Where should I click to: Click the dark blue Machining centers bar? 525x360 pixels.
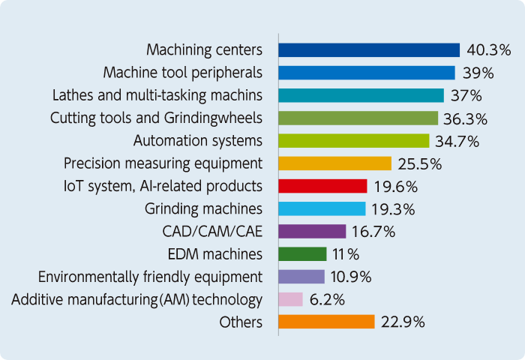pyautogui.click(x=368, y=50)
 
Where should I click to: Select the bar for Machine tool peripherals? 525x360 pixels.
pyautogui.click(x=366, y=73)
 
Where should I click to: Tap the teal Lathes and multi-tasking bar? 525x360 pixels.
pyautogui.click(x=361, y=95)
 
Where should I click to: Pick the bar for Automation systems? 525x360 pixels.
pyautogui.click(x=353, y=141)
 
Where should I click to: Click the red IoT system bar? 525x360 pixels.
pyautogui.click(x=322, y=186)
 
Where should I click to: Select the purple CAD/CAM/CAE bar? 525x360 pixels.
pyautogui.click(x=312, y=231)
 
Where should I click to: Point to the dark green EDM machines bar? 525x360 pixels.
pyautogui.click(x=302, y=254)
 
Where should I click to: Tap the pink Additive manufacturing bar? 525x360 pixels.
pyautogui.click(x=290, y=299)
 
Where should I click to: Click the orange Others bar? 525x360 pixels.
pyautogui.click(x=326, y=322)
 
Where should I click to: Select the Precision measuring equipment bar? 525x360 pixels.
pyautogui.click(x=334, y=163)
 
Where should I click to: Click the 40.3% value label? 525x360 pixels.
pyautogui.click(x=489, y=50)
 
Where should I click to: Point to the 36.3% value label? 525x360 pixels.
pyautogui.click(x=466, y=118)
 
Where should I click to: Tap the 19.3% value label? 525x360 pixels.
pyautogui.click(x=394, y=208)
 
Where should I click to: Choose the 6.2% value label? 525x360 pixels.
pyautogui.click(x=327, y=300)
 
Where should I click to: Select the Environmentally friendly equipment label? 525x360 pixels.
pyautogui.click(x=150, y=277)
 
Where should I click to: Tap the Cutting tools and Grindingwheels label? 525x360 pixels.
pyautogui.click(x=156, y=118)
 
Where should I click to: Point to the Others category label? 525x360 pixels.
pyautogui.click(x=241, y=322)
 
